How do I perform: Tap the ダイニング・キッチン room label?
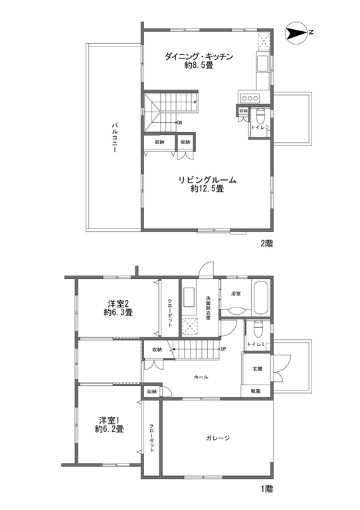(199, 56)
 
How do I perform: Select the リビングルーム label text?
(207, 180)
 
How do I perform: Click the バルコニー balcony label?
(114, 137)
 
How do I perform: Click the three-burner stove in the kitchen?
(250, 98)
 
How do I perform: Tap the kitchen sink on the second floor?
(262, 63)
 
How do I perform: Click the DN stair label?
(179, 123)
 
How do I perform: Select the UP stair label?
(223, 349)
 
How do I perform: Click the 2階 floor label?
(266, 243)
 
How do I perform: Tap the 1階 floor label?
(266, 489)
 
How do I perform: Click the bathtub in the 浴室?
(261, 297)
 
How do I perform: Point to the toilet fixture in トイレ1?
(258, 330)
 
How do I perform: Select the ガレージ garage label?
(218, 438)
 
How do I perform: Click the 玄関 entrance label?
(257, 369)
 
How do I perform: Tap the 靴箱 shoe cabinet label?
(256, 391)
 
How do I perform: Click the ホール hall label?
(201, 377)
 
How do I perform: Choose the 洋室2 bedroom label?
(119, 304)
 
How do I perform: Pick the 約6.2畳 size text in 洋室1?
(110, 429)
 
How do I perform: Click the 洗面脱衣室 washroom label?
(208, 307)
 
